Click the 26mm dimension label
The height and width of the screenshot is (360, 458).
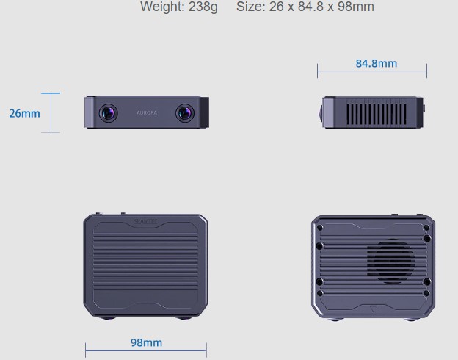coord(24,113)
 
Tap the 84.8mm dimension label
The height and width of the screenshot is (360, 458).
coord(377,63)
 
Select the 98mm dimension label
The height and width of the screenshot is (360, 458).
coord(146,342)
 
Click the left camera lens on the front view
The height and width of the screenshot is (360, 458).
coord(109,113)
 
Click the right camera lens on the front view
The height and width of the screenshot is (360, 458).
coord(185,113)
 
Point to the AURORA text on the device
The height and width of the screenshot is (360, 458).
coord(147,112)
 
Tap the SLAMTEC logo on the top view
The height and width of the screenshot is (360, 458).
coord(145,221)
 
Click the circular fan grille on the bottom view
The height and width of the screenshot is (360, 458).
coord(390,262)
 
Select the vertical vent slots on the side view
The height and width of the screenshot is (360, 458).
coord(377,115)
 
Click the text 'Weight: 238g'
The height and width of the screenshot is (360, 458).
coord(179,7)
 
